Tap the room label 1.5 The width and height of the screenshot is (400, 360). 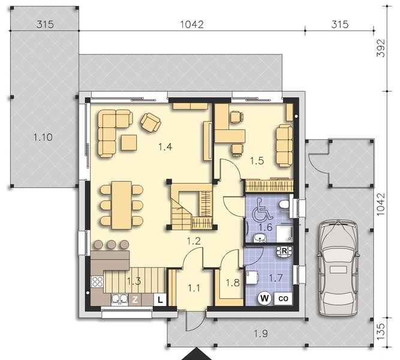257,160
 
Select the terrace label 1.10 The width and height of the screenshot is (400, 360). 43,137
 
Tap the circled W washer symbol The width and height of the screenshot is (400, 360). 264,297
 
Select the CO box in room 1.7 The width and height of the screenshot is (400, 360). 283,297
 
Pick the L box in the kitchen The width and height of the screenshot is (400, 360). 160,299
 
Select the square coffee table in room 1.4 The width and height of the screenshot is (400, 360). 128,142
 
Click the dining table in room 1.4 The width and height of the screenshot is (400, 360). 121,204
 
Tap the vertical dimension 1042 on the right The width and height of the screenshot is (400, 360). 379,204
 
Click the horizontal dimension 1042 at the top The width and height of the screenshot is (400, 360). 192,25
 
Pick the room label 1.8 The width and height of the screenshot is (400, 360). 231,281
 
